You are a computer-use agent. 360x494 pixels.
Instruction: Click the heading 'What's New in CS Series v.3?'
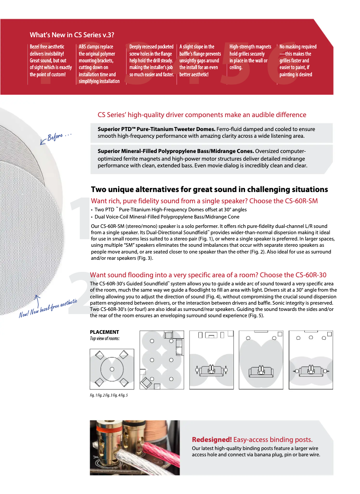pos(71,35)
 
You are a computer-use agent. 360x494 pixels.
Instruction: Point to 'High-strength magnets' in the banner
pos(250,47)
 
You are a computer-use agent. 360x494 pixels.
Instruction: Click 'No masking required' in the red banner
pos(298,47)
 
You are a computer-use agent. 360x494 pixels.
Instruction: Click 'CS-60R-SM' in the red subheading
pos(301,201)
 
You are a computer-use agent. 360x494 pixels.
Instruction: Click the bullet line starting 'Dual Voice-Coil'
pos(167,217)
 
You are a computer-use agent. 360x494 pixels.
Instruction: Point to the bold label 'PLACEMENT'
pos(105,332)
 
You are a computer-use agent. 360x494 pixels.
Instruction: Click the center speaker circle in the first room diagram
pos(112,369)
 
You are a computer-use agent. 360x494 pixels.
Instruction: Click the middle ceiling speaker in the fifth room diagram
pos(309,337)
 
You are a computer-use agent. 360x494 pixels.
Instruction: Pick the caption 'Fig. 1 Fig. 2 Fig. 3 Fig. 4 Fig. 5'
pos(109,395)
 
